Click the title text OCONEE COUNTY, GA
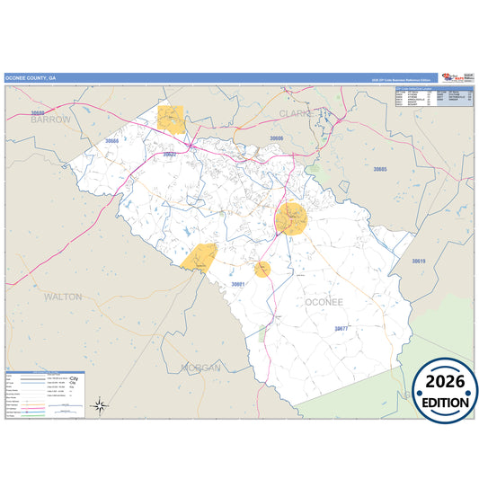pos(30,78)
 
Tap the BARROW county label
pos(50,119)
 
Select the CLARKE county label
pos(297,114)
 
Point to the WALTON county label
pos(63,295)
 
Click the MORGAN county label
pos(201,368)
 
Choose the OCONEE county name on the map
pos(324,302)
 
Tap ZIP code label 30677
pos(346,329)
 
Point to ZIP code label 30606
pos(278,138)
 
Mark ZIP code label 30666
pos(111,141)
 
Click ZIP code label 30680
pos(38,113)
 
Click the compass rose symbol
pos(101,405)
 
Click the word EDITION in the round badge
pos(445,403)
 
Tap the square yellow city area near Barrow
pos(171,120)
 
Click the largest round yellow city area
pos(291,218)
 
